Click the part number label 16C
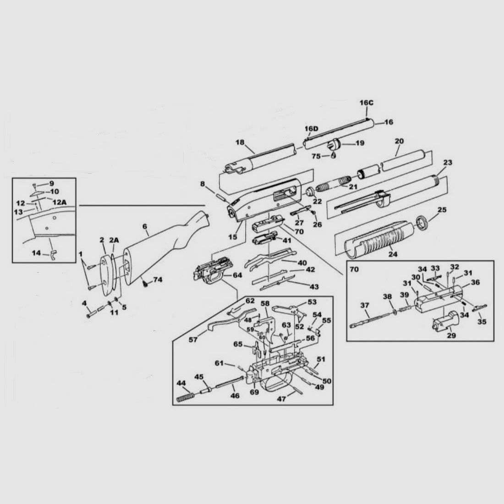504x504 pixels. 367,103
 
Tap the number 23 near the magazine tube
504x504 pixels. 448,162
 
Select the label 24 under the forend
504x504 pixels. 393,254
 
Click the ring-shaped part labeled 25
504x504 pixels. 422,223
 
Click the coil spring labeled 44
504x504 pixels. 185,396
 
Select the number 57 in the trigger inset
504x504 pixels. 193,340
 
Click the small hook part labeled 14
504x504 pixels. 53,255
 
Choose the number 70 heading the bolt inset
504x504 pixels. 354,269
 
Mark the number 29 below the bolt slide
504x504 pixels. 451,335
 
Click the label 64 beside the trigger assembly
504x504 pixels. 237,275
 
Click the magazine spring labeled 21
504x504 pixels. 331,184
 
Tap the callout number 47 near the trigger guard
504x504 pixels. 282,399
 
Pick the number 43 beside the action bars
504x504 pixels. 314,286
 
